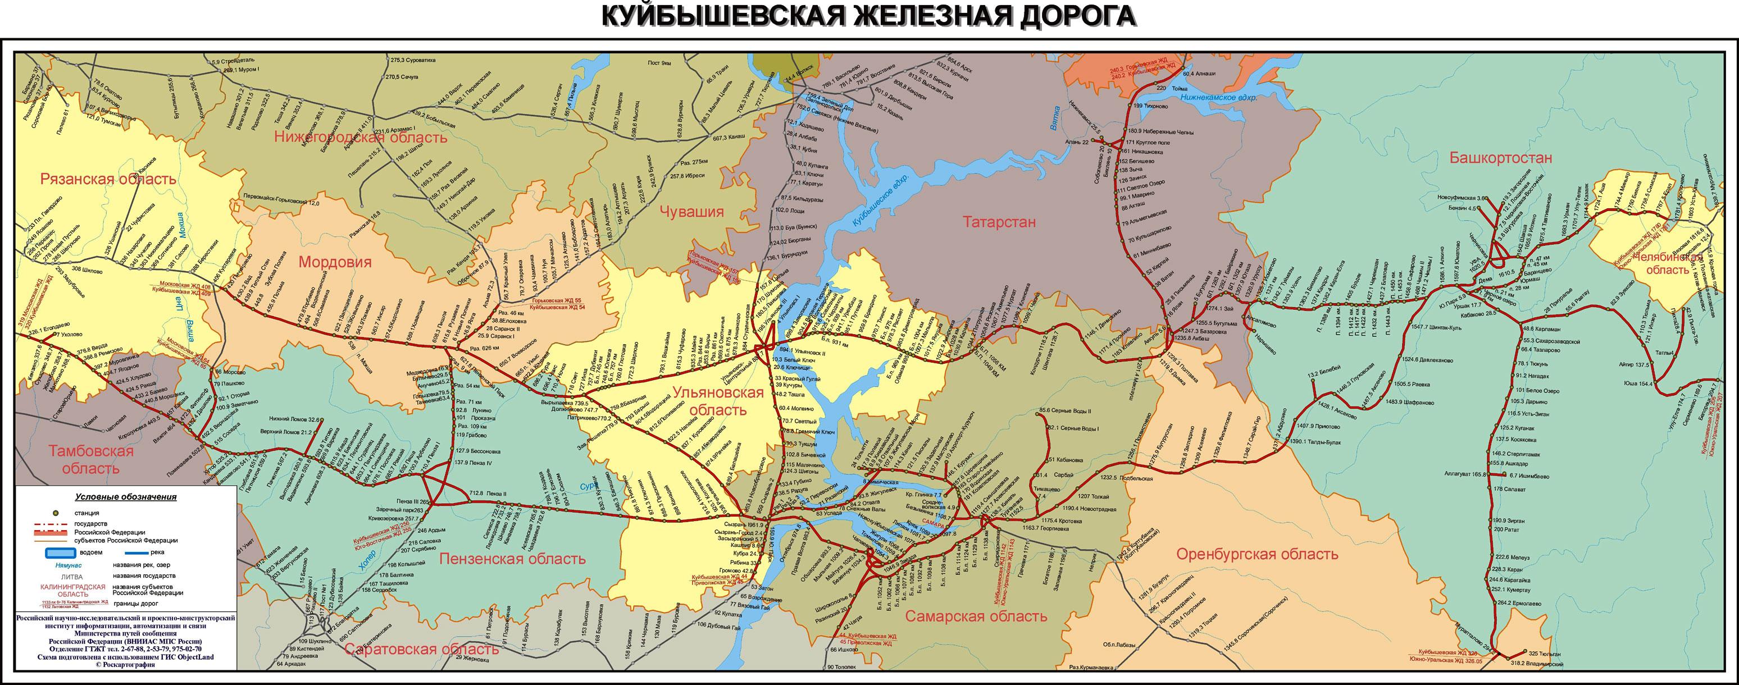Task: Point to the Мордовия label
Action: tap(335, 262)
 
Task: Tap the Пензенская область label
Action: tap(512, 559)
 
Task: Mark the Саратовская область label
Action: tap(422, 649)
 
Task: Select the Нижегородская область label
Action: tap(361, 138)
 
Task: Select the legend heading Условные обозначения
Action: tap(126, 497)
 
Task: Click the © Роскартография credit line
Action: tap(126, 665)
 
